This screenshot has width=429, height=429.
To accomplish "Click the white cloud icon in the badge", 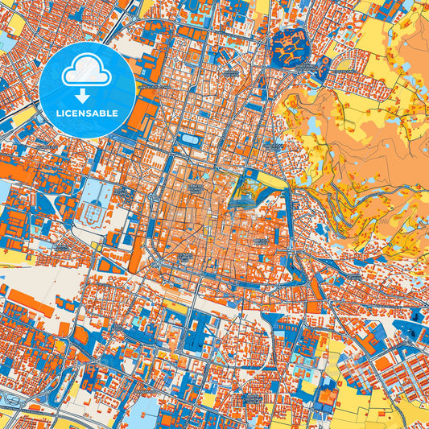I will (86, 71).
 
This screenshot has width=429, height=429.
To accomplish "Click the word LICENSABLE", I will (86, 113).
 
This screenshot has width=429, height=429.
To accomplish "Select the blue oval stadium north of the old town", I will (191, 139).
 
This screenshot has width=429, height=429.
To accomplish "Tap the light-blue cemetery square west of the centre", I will (97, 194).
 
